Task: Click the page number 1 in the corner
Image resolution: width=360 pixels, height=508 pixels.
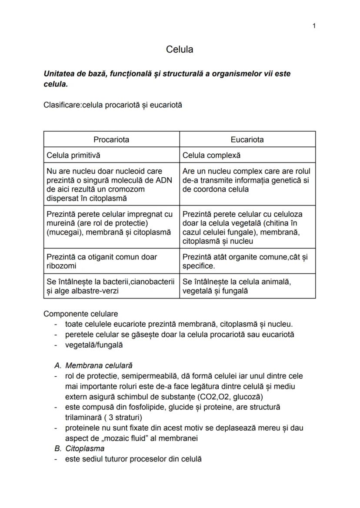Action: click(x=314, y=26)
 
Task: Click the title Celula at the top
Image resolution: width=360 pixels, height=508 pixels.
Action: click(x=180, y=50)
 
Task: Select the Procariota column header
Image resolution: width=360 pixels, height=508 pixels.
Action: click(x=111, y=139)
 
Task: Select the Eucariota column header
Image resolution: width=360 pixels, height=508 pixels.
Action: click(x=247, y=139)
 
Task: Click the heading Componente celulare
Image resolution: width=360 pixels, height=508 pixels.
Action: click(x=81, y=314)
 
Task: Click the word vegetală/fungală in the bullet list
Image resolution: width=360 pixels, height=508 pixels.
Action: click(x=94, y=345)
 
